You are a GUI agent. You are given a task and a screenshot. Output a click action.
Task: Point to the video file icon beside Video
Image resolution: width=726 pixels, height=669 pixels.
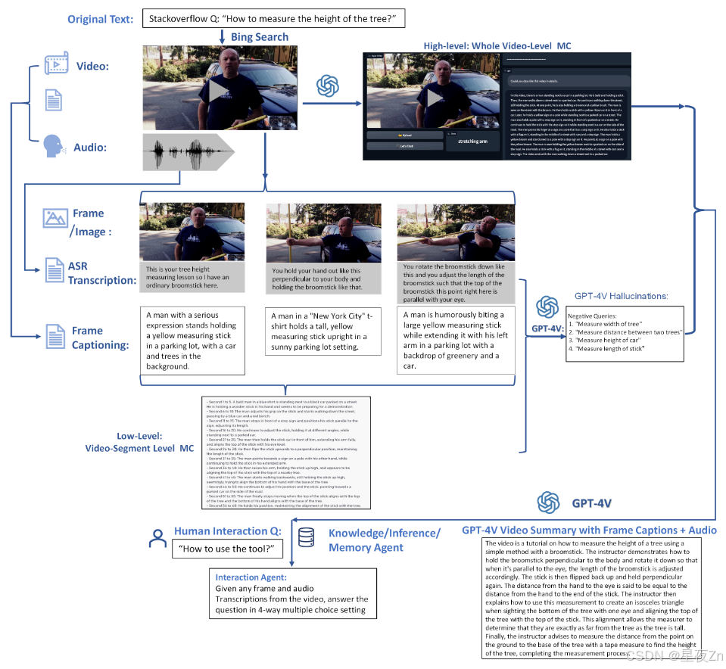pos(57,65)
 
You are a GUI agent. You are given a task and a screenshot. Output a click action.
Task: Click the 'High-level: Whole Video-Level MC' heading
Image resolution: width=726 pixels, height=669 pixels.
pos(497,46)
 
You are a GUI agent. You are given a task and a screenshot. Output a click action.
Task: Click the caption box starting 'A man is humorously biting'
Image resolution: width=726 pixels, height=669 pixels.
pos(455,340)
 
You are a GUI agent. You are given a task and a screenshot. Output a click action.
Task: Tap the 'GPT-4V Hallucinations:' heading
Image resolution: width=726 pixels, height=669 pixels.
pos(621,296)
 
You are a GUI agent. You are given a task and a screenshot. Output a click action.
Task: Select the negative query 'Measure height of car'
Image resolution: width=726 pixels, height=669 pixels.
pos(610,340)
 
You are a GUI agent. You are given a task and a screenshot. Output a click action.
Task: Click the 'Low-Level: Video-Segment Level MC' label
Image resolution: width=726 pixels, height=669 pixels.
pos(139,443)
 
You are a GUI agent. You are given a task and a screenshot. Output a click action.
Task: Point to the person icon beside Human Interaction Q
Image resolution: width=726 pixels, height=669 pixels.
pos(157,538)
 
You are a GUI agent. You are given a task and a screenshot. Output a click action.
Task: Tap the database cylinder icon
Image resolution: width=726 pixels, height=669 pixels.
pos(307,537)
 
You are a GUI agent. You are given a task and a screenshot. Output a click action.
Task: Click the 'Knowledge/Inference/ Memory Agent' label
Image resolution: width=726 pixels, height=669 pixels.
pos(384,540)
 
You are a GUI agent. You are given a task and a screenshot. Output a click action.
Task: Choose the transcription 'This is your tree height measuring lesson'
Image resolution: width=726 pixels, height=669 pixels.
pos(192,277)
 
